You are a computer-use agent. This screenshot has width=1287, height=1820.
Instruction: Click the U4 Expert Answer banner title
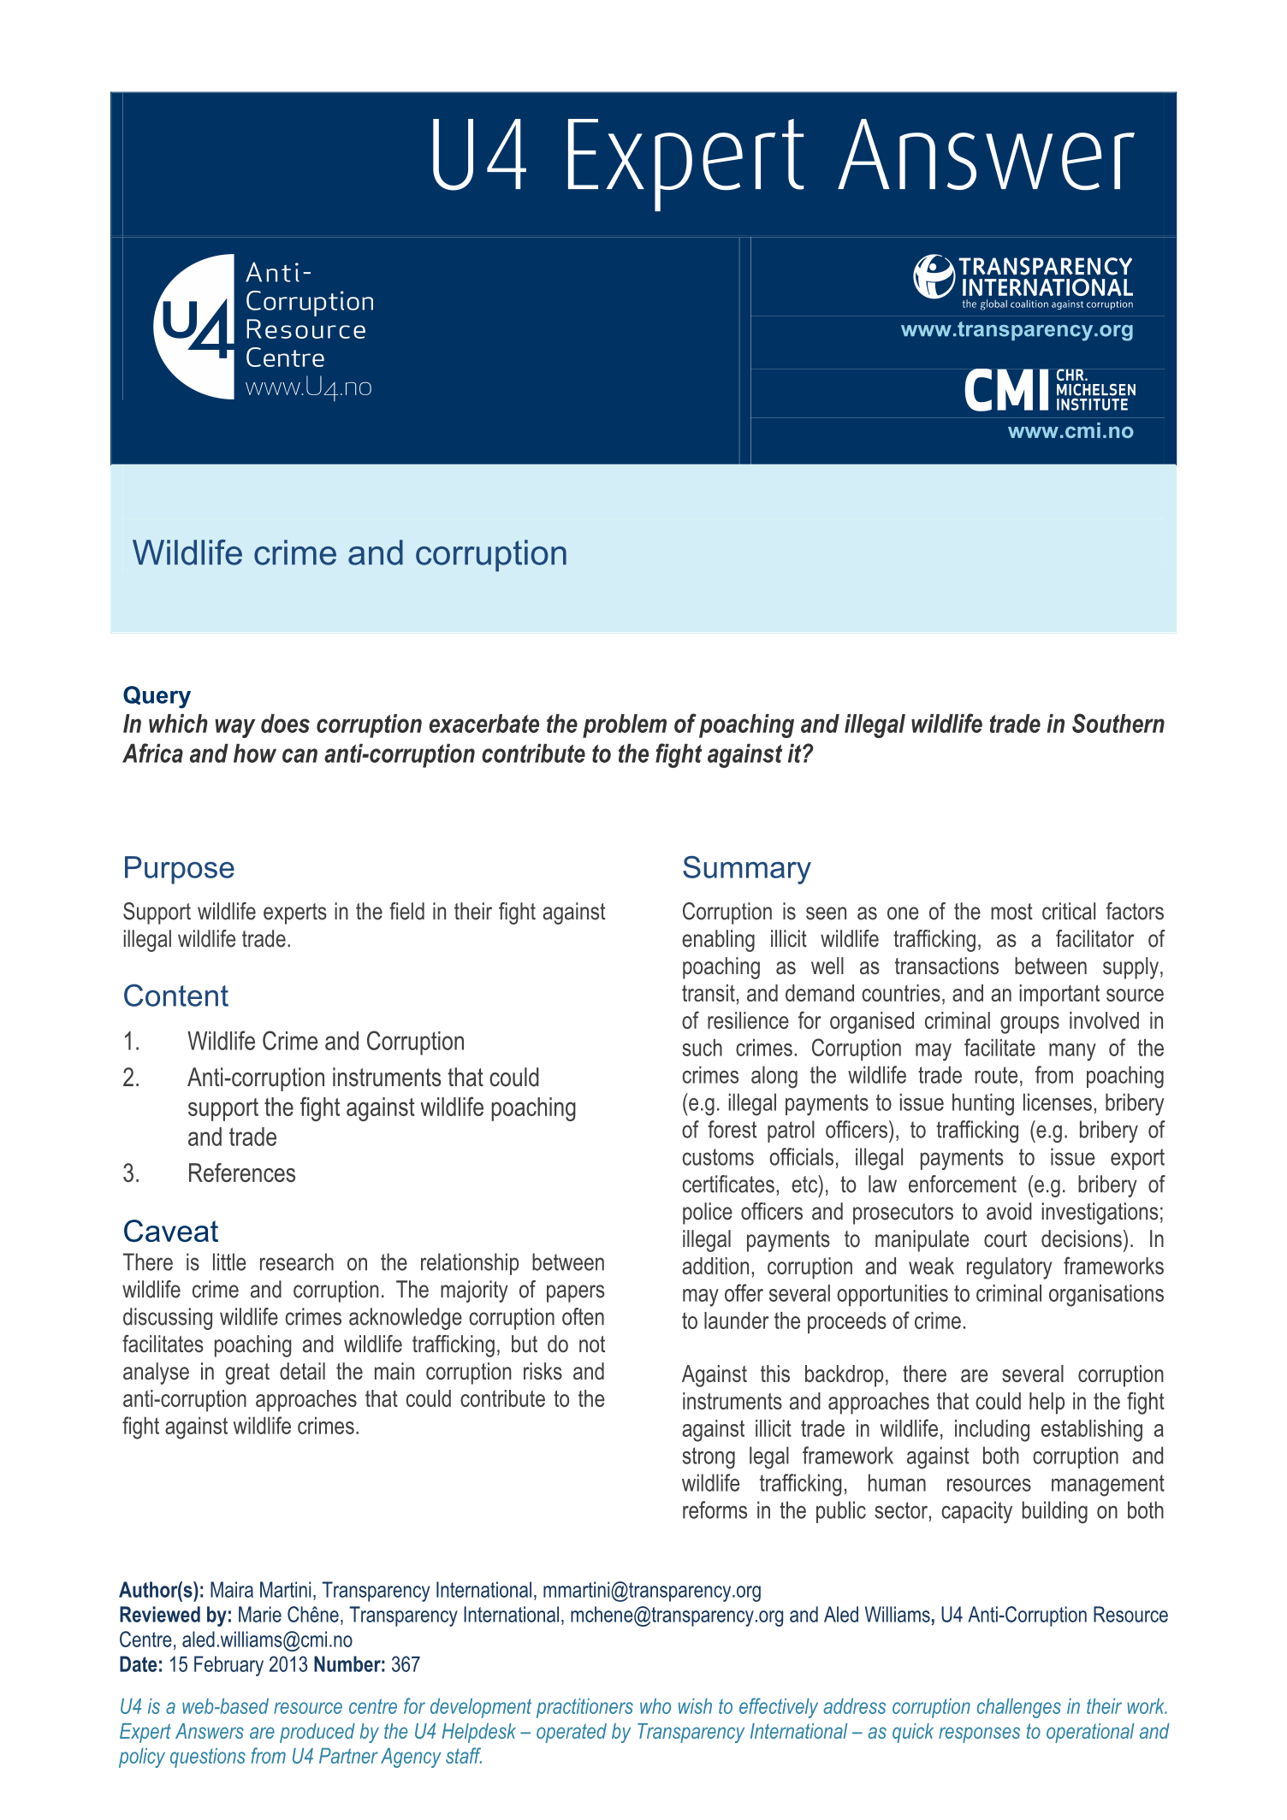click(780, 156)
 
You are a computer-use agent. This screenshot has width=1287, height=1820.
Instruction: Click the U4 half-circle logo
click(195, 326)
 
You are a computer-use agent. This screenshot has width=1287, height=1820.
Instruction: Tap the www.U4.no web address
click(308, 387)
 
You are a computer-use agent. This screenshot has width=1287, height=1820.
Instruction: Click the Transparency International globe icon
click(933, 276)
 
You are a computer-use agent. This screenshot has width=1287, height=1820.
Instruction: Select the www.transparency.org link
click(1017, 330)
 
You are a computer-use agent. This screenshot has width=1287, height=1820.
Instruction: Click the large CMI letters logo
click(1006, 391)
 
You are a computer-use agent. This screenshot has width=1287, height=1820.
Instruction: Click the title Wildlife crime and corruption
click(350, 553)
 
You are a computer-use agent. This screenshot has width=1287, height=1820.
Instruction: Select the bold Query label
click(157, 695)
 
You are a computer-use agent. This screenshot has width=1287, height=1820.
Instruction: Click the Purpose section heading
click(179, 868)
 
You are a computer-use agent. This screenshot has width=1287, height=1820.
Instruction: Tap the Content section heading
click(175, 996)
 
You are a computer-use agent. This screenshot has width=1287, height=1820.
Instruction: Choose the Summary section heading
click(745, 868)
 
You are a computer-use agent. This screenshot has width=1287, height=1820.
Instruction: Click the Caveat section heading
click(170, 1232)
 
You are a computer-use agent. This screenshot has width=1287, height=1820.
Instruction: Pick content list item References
click(241, 1173)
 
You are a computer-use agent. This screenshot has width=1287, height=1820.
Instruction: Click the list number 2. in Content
click(131, 1078)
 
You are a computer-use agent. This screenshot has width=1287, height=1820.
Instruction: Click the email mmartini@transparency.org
click(651, 1591)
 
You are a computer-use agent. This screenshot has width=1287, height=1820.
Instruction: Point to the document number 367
click(406, 1665)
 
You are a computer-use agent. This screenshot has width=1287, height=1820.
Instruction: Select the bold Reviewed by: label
click(175, 1616)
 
